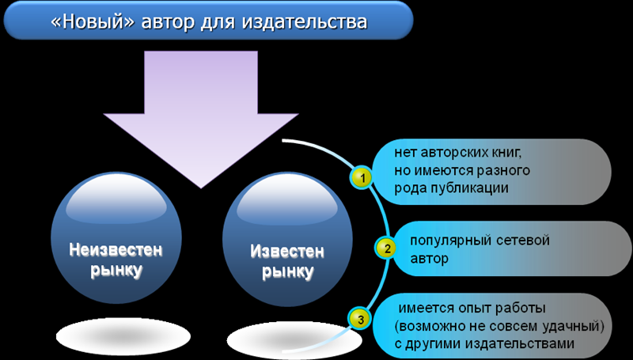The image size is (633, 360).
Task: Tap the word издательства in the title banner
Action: [305, 23]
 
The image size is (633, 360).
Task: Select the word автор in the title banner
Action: [168, 23]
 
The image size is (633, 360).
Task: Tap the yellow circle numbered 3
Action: [359, 319]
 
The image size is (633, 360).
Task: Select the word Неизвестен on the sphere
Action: [116, 250]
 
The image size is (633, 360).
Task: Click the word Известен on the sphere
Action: [287, 252]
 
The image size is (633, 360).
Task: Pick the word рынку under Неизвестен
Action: [116, 271]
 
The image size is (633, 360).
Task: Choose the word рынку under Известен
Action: [287, 272]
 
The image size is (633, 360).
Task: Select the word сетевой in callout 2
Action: [524, 241]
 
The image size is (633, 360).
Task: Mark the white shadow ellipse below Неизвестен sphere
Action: [123, 335]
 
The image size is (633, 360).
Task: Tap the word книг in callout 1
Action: [511, 153]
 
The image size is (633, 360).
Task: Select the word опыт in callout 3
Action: [472, 309]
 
